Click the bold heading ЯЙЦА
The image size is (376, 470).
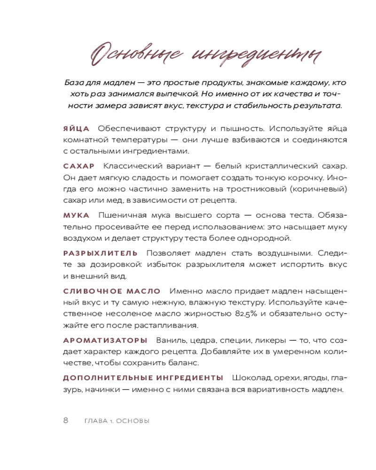[76, 128]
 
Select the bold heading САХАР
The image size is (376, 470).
[79, 166]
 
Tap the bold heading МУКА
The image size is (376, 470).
[76, 215]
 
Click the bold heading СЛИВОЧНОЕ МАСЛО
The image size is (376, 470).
[112, 291]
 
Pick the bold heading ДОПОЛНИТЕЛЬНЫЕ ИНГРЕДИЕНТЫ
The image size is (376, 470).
[143, 377]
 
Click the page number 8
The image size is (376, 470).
[66, 420]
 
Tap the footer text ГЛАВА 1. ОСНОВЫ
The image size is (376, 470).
[117, 421]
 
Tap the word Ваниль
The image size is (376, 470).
[170, 340]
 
